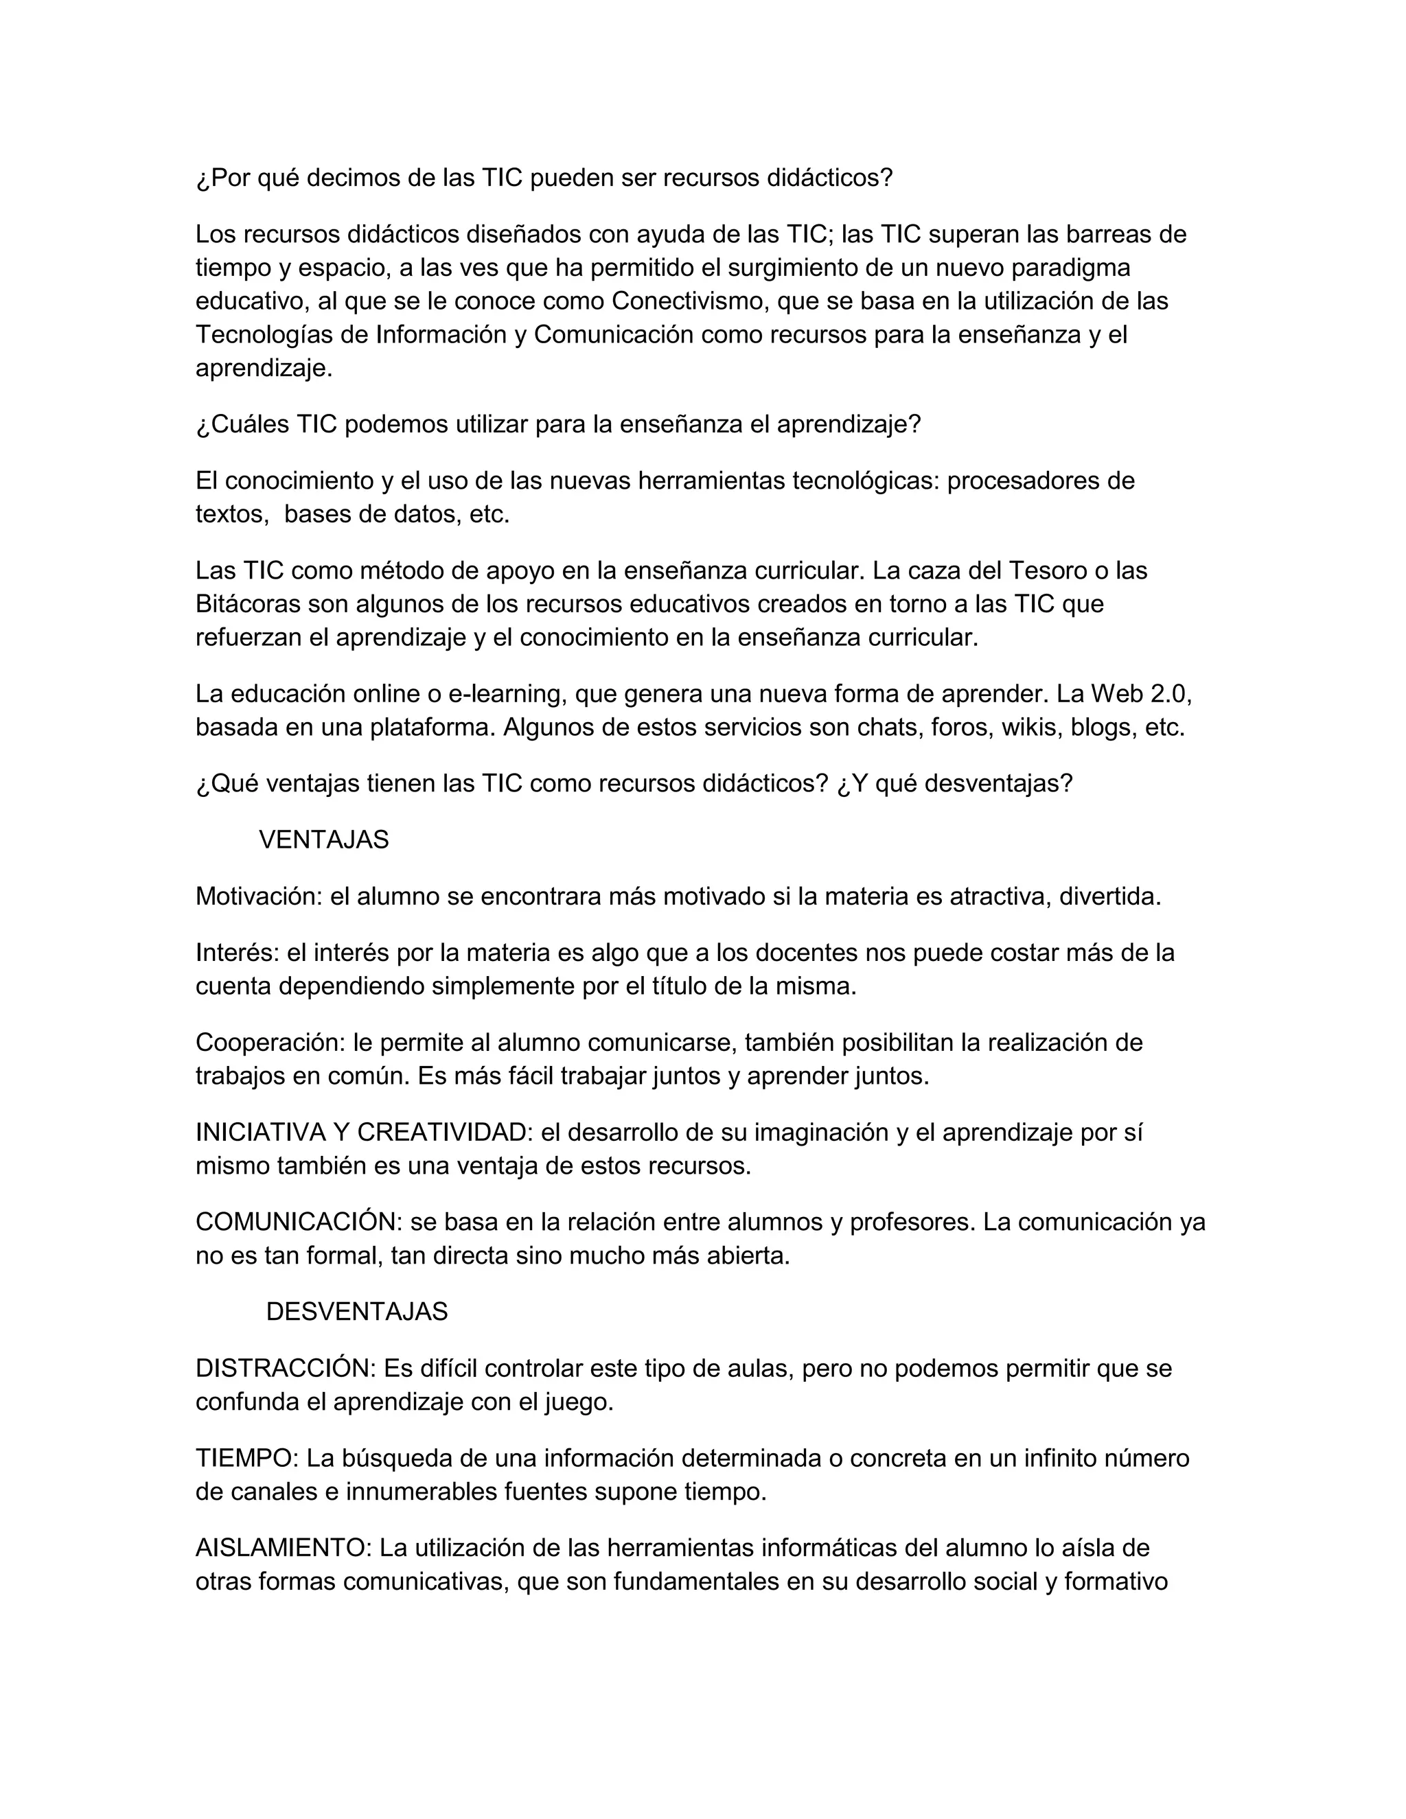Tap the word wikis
[1031, 727]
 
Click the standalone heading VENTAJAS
[324, 839]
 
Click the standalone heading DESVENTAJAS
[356, 1312]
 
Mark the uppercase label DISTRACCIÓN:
[286, 1369]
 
